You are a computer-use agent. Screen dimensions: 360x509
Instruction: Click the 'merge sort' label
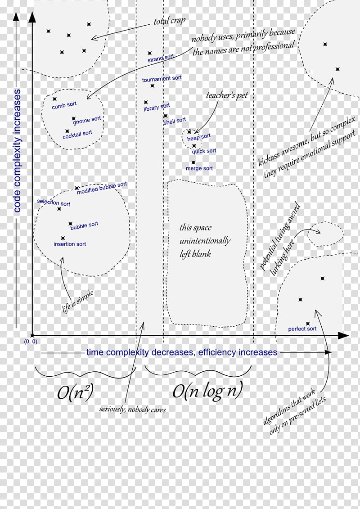click(199, 168)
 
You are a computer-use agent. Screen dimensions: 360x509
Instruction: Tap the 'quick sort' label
click(204, 151)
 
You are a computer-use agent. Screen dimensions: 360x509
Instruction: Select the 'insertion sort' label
click(70, 244)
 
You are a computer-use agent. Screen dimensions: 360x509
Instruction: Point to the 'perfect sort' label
click(302, 329)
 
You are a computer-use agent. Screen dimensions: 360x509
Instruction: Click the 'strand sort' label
click(161, 58)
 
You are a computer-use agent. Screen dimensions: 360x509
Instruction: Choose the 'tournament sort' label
click(162, 79)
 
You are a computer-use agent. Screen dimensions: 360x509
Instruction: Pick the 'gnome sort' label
click(87, 120)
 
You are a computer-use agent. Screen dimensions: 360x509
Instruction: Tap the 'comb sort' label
click(64, 105)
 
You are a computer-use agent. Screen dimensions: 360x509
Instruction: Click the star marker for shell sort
click(166, 116)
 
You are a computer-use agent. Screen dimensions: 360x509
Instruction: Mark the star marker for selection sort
click(59, 209)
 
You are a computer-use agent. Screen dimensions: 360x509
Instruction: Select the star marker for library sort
click(146, 102)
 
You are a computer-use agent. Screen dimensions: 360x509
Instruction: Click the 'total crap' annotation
click(170, 21)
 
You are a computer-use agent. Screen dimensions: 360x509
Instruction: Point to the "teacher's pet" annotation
click(227, 95)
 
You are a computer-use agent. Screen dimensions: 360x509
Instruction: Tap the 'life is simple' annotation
click(78, 302)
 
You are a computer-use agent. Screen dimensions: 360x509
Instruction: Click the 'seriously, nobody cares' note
click(132, 410)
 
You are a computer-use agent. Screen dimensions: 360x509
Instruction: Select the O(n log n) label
click(207, 391)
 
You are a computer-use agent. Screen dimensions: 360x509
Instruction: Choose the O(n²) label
click(75, 392)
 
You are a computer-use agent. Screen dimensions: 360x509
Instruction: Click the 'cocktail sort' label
click(77, 135)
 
